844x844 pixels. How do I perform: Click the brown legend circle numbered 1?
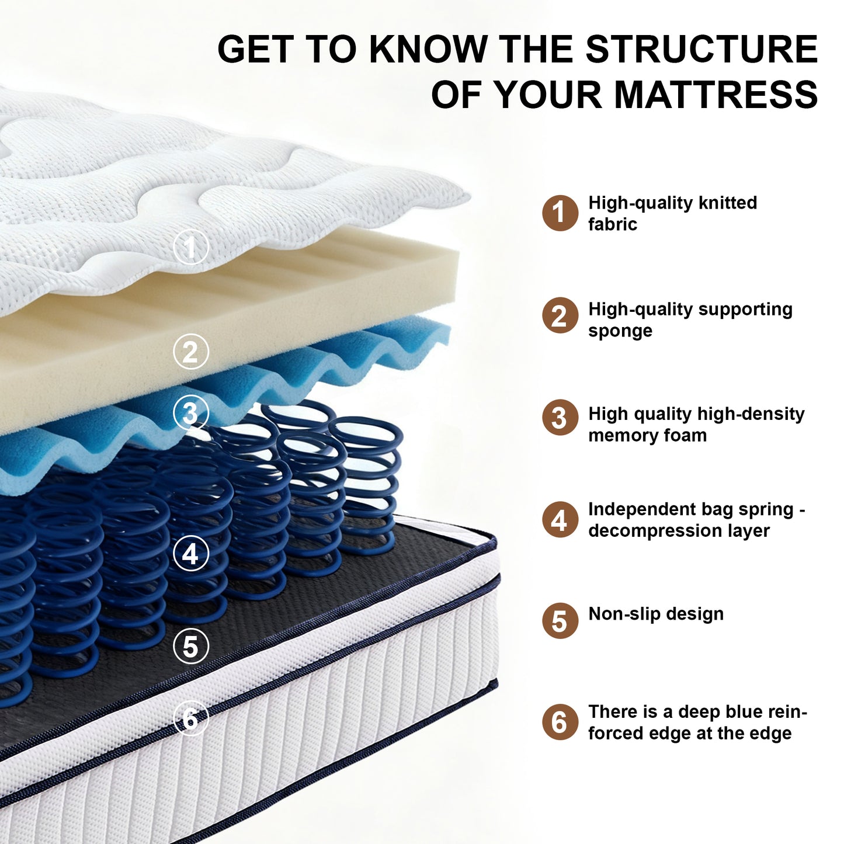560,213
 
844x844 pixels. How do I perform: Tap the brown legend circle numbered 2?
560,315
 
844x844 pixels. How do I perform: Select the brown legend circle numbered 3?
560,418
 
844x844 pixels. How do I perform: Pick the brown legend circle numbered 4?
560,520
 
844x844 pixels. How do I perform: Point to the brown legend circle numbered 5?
560,621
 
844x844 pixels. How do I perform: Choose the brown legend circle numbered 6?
560,723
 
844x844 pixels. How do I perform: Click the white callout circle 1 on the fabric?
190,247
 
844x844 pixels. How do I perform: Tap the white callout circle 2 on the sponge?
190,351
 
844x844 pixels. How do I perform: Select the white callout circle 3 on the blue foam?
190,412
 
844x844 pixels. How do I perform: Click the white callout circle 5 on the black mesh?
190,646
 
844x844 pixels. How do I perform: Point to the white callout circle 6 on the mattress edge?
190,718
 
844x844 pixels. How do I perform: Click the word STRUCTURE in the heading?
701,49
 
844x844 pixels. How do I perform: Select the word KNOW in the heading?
428,49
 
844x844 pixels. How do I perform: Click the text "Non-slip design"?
656,614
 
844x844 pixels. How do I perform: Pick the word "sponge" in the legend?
620,331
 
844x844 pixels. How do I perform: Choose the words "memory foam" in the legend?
647,435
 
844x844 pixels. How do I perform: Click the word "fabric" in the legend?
612,224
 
